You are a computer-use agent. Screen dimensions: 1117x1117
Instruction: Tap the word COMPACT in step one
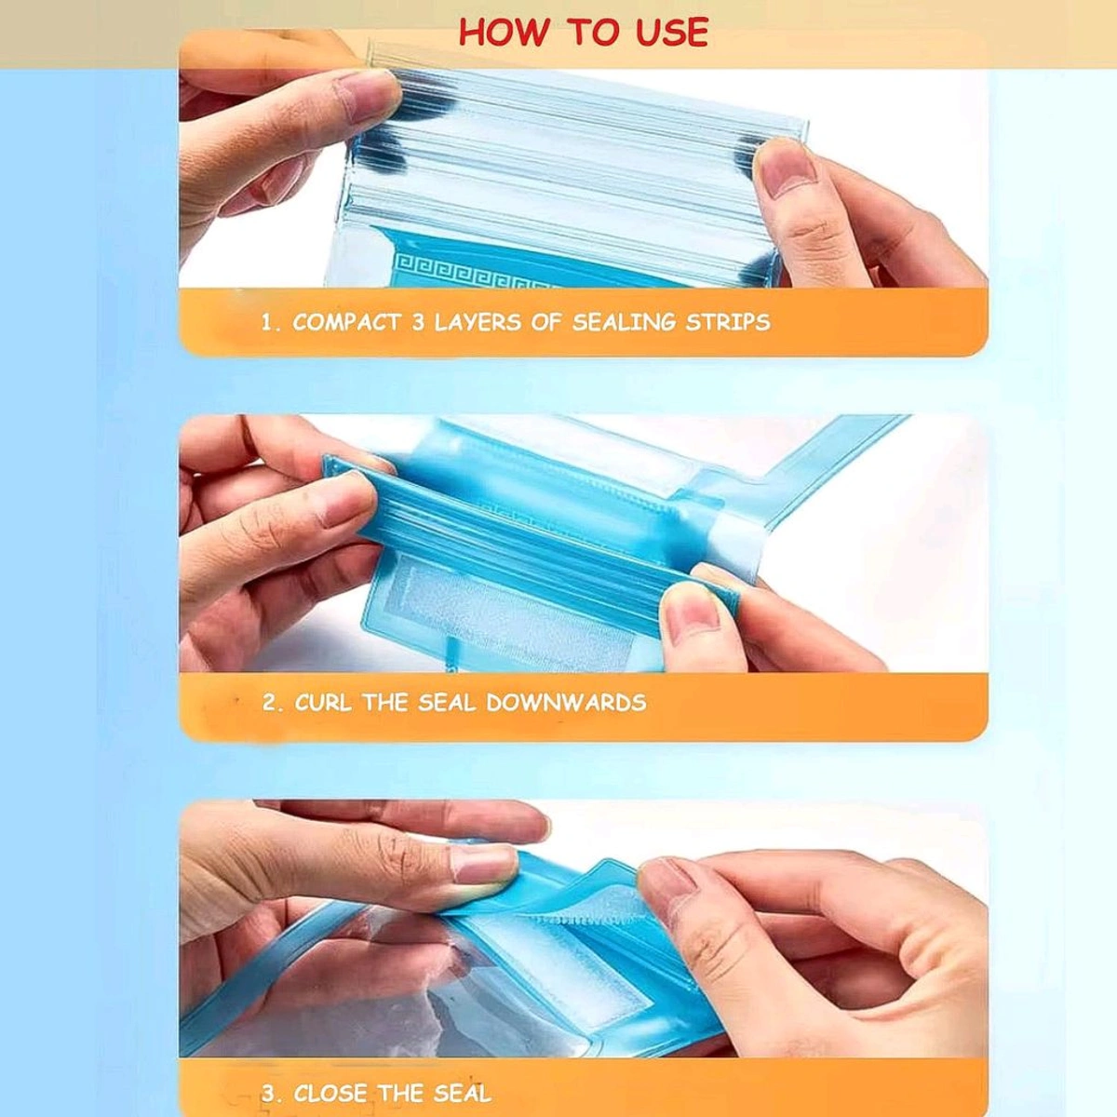point(346,323)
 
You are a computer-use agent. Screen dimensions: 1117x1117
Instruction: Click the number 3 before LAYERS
point(418,323)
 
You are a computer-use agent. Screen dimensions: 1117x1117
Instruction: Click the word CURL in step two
point(323,703)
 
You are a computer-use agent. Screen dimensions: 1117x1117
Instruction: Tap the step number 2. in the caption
point(272,703)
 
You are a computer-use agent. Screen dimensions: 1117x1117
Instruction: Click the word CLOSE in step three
point(330,1093)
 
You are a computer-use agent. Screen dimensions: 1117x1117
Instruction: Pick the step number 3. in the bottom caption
point(272,1093)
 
